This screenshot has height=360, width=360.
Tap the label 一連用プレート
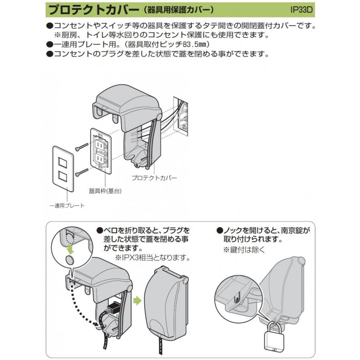(x=67, y=206)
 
